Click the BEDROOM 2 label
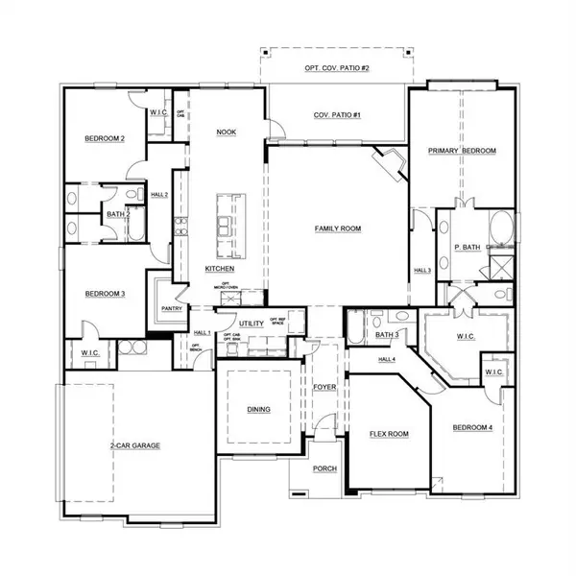[105, 139]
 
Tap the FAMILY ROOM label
[337, 228]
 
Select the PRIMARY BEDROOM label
[462, 152]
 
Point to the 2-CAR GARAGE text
[133, 446]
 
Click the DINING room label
[258, 410]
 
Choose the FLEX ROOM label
[389, 434]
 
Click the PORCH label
[324, 468]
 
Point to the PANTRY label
[172, 309]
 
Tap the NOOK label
[227, 132]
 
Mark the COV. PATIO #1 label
[335, 115]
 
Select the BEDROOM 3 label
[105, 294]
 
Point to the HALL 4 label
[386, 359]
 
